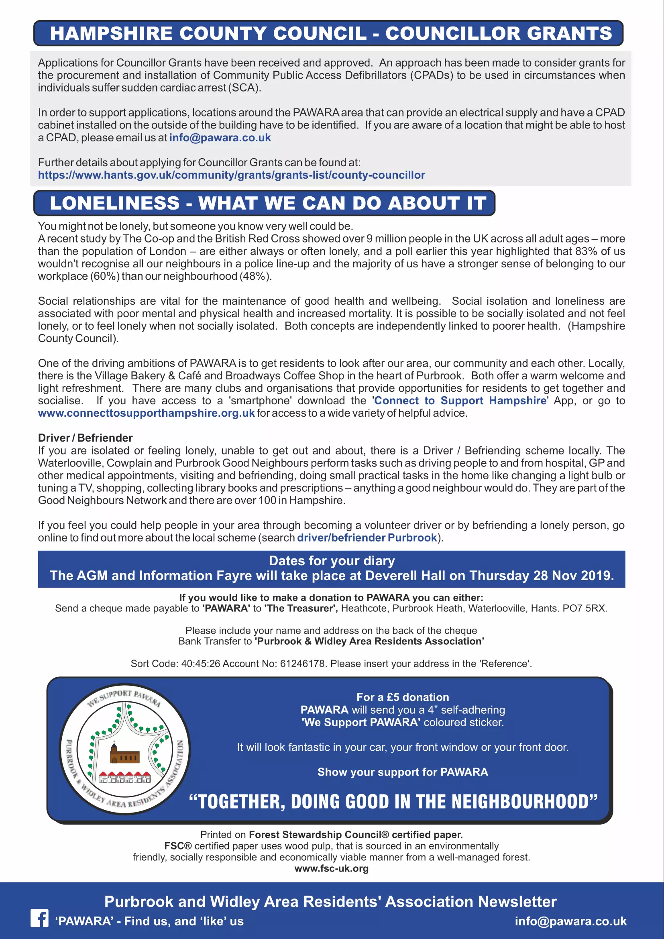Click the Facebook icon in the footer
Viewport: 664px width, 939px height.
pyautogui.click(x=39, y=918)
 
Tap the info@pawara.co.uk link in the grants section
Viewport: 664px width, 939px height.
pyautogui.click(x=220, y=138)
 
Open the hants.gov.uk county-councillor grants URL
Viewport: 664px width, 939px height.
pyautogui.click(x=231, y=175)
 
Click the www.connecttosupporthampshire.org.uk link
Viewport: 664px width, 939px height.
pyautogui.click(x=146, y=413)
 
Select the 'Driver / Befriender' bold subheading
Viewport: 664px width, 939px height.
pyautogui.click(x=85, y=438)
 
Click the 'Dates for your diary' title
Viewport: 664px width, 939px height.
pyautogui.click(x=332, y=561)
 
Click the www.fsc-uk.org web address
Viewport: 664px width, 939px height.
pyautogui.click(x=332, y=868)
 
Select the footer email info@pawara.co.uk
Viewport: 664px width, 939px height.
pyautogui.click(x=570, y=921)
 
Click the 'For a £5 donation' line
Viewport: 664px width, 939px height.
pyautogui.click(x=403, y=697)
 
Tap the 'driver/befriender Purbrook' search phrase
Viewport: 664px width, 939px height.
pyautogui.click(x=367, y=538)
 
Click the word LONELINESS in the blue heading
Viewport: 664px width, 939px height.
pyautogui.click(x=114, y=203)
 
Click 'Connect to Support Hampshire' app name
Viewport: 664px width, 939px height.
pyautogui.click(x=460, y=401)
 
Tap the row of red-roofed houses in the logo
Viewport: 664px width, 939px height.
pyautogui.click(x=125, y=777)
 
